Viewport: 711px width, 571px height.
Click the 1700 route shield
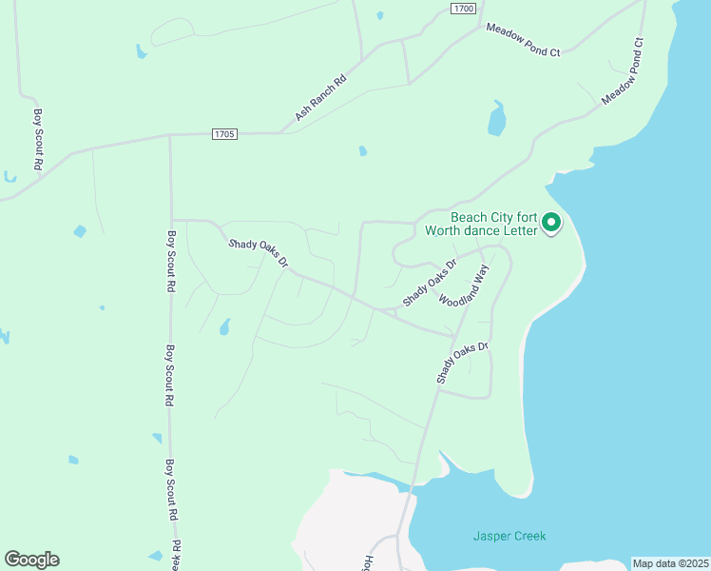pos(463,8)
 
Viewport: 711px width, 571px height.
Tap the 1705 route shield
pos(224,134)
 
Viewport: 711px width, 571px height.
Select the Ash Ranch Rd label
pos(321,99)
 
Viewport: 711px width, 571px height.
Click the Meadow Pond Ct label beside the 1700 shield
pos(523,40)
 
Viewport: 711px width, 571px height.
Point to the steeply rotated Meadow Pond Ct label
pos(624,71)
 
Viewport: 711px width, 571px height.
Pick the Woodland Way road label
pos(463,286)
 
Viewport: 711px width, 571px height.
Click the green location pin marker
pos(551,225)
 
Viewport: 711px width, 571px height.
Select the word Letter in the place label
pos(520,230)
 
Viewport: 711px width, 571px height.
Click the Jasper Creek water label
pos(509,536)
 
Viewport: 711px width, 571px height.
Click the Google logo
pos(31,560)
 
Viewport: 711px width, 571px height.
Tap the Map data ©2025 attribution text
pos(670,563)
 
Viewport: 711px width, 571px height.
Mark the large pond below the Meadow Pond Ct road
pos(496,120)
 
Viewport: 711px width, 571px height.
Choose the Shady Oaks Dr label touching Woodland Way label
pos(430,282)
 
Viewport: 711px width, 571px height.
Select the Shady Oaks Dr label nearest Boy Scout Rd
pos(258,253)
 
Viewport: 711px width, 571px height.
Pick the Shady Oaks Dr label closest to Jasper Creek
pos(462,363)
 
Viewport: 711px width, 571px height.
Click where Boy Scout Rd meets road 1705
pos(169,136)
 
